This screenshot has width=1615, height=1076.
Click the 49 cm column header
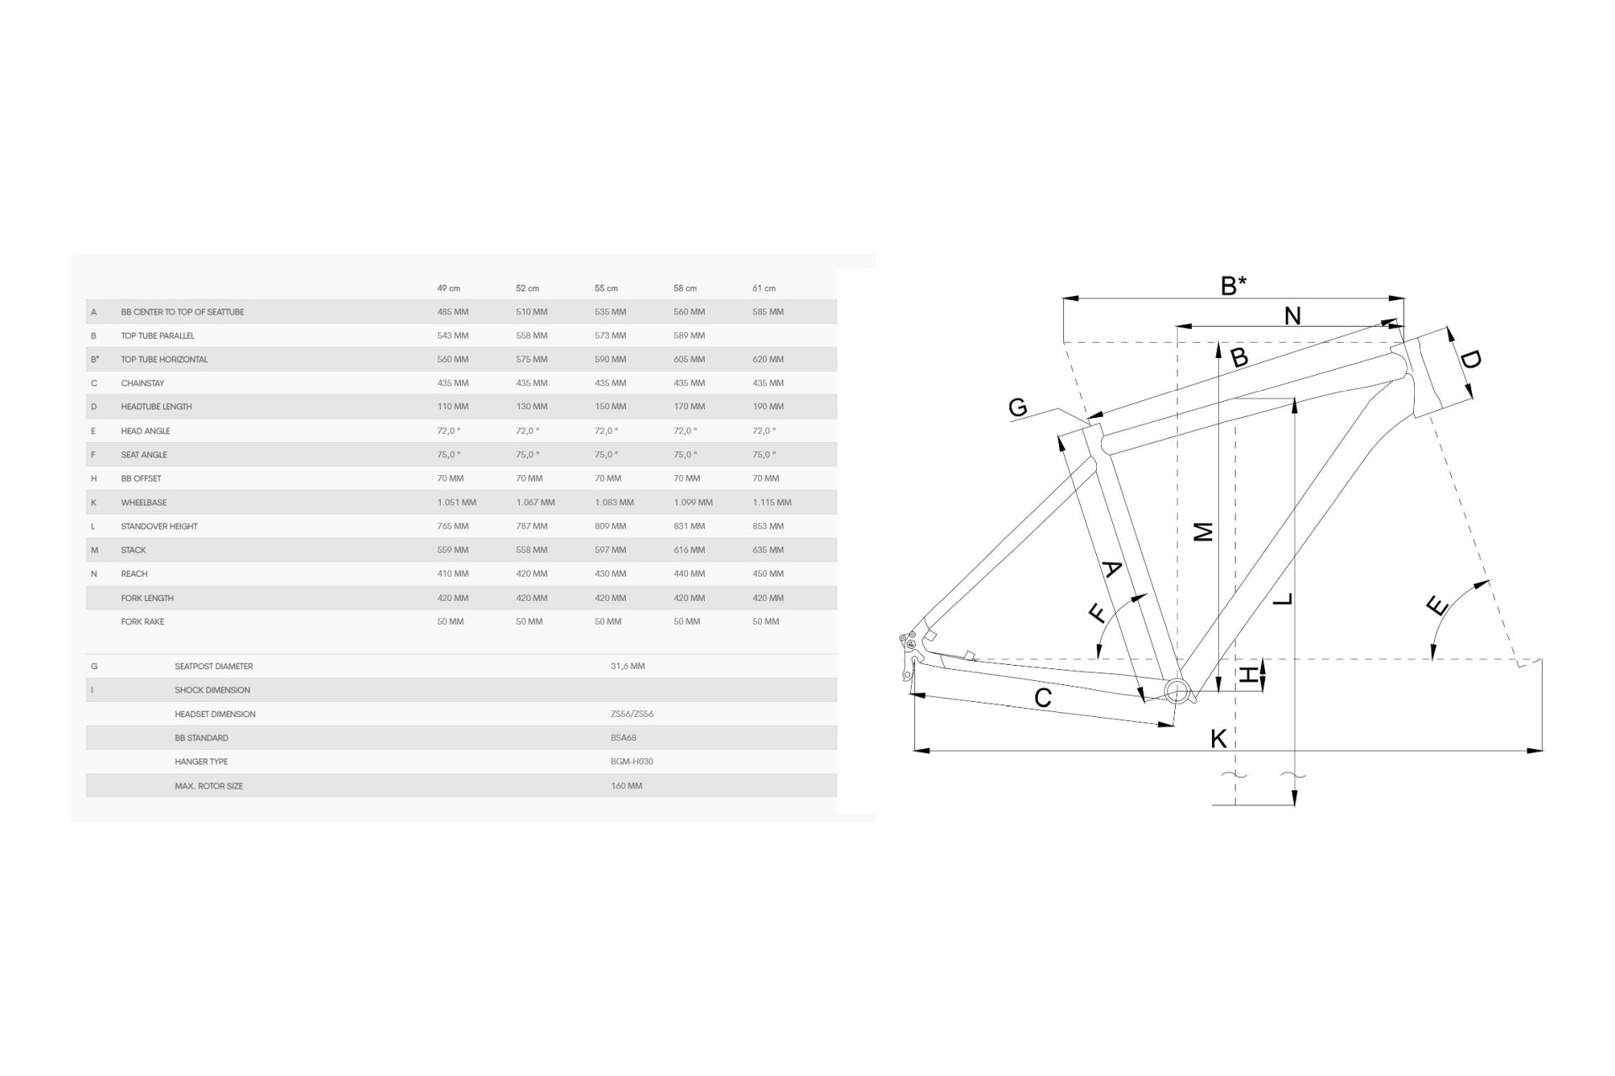[448, 288]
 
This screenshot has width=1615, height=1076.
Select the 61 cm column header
[764, 288]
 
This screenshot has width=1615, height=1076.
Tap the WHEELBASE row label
[144, 503]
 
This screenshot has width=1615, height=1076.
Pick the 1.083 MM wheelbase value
[614, 503]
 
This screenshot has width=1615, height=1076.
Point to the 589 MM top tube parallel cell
[689, 335]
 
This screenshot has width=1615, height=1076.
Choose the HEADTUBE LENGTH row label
[156, 407]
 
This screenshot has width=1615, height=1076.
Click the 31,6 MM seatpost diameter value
[627, 667]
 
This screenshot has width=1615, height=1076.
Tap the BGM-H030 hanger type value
[632, 762]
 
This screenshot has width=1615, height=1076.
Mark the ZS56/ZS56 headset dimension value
[632, 715]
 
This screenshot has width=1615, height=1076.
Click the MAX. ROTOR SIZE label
[209, 786]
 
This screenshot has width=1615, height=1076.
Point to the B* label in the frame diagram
[1233, 286]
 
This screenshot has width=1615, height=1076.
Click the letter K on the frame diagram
[1218, 738]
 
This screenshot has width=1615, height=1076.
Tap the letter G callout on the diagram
[1018, 408]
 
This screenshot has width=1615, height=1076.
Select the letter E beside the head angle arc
[1438, 605]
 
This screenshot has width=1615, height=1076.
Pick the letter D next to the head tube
[1469, 360]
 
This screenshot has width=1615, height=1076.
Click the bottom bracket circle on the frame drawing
[1178, 691]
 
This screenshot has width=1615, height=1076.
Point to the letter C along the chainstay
[1043, 698]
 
